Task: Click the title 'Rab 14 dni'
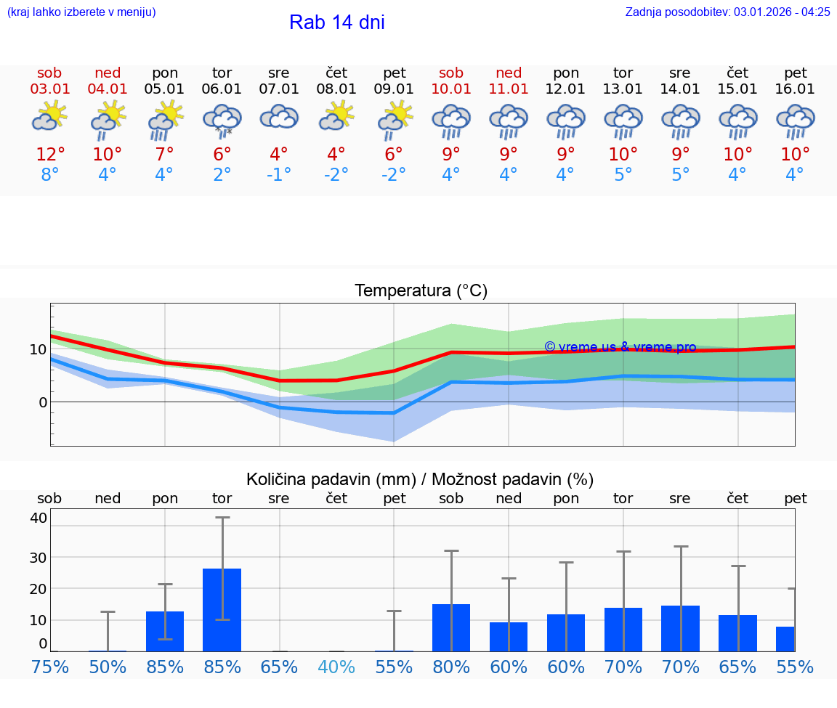(336, 23)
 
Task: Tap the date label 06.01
(222, 89)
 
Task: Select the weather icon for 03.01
(49, 117)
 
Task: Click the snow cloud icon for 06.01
(222, 120)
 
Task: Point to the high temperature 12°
(50, 155)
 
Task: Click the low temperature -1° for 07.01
(279, 175)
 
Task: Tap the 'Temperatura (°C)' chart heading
(421, 291)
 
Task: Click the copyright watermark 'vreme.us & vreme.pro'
(620, 347)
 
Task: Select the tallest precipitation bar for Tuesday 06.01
(222, 610)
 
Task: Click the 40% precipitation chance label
(336, 667)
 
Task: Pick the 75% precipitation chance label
(50, 667)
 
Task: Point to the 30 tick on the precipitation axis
(38, 557)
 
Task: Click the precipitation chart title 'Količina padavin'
(420, 479)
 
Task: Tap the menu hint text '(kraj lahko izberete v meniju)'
(81, 12)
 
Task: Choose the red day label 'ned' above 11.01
(509, 73)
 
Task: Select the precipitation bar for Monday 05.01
(165, 631)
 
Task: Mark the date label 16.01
(795, 89)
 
